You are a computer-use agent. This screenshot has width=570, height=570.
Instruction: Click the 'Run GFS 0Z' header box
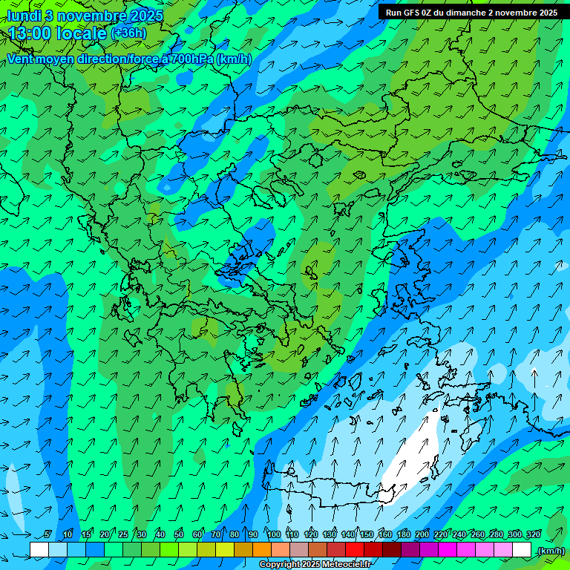tap(471, 12)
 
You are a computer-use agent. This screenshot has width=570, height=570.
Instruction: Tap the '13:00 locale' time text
tap(57, 33)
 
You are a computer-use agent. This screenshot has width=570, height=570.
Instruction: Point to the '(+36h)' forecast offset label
tap(128, 33)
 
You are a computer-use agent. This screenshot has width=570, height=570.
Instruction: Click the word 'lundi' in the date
tap(22, 15)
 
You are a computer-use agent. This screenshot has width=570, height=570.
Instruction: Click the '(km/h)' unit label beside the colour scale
tap(550, 551)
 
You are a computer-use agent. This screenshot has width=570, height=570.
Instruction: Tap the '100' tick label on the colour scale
tap(274, 534)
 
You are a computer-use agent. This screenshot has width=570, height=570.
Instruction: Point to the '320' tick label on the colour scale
tap(534, 534)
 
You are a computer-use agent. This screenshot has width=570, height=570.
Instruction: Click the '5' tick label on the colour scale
tap(48, 534)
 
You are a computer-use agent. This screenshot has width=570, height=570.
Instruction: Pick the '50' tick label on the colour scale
tap(179, 534)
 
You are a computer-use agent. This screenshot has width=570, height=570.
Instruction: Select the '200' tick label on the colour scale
tap(422, 534)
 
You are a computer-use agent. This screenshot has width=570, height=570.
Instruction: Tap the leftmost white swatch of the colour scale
tap(39, 550)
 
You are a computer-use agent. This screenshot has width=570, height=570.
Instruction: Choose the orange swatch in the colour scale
tap(262, 550)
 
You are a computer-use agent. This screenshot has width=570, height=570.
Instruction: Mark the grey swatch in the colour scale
tap(299, 550)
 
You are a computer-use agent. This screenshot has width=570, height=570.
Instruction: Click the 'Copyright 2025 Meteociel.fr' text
tap(314, 565)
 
